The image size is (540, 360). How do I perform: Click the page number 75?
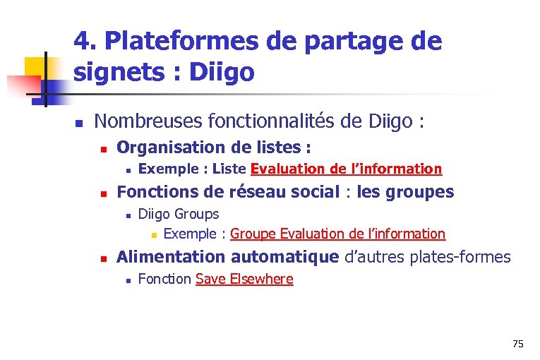pos(518,344)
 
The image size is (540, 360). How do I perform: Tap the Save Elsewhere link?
pos(244,279)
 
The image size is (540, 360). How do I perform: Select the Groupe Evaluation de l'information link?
pos(337,234)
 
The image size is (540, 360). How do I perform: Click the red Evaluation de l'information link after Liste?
pos(346,169)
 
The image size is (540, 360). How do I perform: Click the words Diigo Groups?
pos(179,214)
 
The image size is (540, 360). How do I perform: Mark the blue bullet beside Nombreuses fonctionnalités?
pos(80,124)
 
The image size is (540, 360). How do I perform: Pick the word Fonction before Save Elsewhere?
pos(164,279)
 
